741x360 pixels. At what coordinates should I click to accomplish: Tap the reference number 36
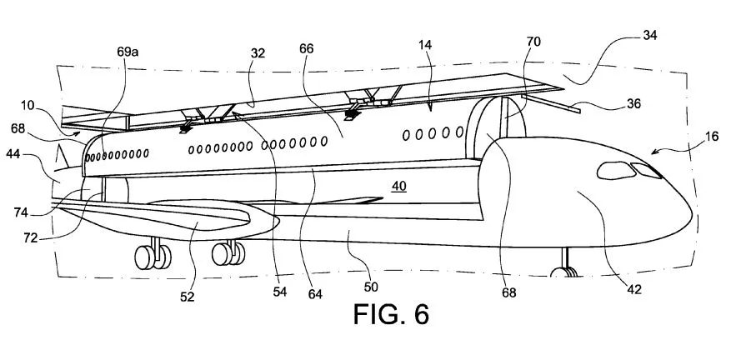click(x=633, y=105)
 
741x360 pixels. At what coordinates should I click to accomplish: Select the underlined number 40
click(x=398, y=187)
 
